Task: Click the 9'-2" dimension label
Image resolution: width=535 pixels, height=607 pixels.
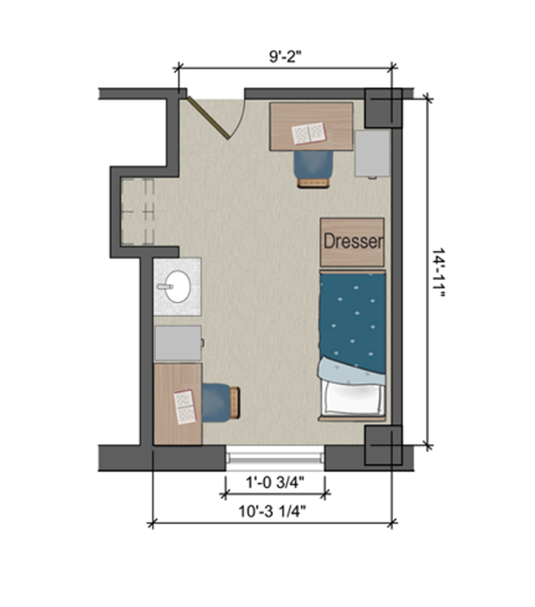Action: [x=286, y=55]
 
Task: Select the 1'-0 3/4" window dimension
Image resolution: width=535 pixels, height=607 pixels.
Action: [x=275, y=483]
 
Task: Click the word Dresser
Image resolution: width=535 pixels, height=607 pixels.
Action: [x=352, y=242]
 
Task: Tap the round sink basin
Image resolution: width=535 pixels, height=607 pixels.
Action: [x=175, y=287]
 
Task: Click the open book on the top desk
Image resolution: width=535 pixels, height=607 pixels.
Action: [x=309, y=134]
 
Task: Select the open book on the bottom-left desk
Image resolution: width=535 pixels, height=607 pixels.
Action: [x=184, y=407]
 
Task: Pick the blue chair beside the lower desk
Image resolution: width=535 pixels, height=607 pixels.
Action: [x=221, y=402]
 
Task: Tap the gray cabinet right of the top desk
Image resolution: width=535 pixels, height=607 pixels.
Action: [x=373, y=153]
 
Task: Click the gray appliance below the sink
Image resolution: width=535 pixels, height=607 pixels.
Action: [x=177, y=341]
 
